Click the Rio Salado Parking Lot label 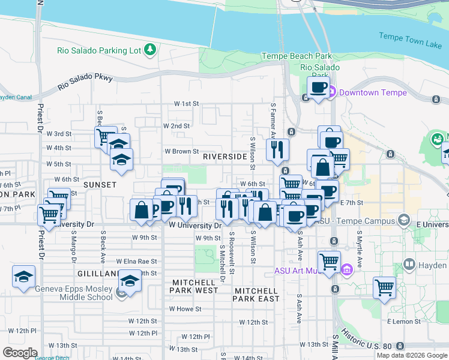click(x=100, y=50)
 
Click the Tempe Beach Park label click(x=297, y=56)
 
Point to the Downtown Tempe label click(x=373, y=92)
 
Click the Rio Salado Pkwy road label click(x=85, y=82)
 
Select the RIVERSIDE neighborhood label click(x=225, y=157)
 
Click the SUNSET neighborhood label click(x=100, y=185)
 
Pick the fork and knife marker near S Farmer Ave click(x=277, y=150)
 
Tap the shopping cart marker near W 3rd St click(x=106, y=137)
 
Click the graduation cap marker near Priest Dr click(x=23, y=277)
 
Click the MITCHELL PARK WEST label click(x=194, y=286)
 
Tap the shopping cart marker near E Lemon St click(x=384, y=287)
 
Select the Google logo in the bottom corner click(x=20, y=353)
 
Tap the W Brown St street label click(x=181, y=152)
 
